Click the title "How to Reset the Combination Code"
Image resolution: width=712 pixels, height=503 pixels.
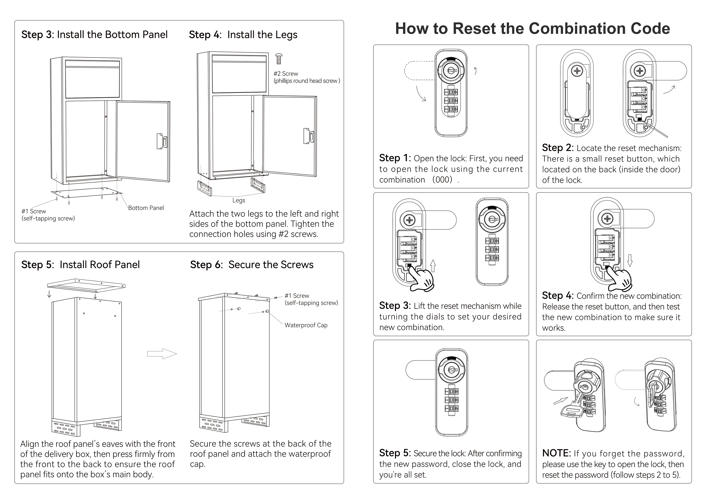532,29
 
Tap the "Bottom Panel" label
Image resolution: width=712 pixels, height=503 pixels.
146,208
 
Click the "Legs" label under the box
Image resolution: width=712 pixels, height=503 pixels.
238,201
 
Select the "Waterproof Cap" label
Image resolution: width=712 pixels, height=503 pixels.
306,325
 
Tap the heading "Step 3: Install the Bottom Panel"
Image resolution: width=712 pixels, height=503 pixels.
94,34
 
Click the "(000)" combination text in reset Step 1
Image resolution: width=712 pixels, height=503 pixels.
442,179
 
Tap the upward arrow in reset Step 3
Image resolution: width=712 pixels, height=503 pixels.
433,266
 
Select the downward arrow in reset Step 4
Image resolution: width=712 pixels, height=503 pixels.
630,260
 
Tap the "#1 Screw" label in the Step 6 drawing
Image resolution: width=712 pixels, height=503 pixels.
297,296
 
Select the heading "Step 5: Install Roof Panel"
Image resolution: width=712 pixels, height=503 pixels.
80,265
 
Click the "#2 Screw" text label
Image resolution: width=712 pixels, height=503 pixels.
286,74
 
